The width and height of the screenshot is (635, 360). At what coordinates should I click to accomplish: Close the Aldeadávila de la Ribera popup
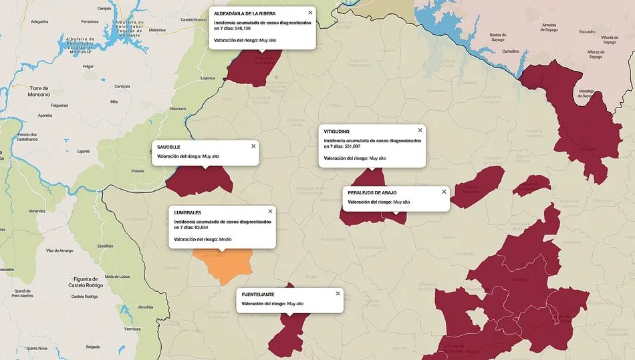tap(310, 13)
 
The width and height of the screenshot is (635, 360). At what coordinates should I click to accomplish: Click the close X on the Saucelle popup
tap(253, 146)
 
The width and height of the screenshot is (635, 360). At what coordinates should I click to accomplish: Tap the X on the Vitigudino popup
tap(420, 130)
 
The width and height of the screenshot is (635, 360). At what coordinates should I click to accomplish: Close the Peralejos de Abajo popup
tap(444, 192)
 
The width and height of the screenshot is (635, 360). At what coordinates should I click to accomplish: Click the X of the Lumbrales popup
tap(270, 211)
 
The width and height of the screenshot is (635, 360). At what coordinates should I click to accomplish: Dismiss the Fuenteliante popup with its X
tap(338, 293)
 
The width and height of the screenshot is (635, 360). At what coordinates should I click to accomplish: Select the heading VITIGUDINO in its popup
tap(338, 132)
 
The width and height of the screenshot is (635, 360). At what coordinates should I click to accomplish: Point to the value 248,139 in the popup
tap(243, 29)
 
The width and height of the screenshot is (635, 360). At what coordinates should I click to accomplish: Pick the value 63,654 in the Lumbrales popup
tap(202, 227)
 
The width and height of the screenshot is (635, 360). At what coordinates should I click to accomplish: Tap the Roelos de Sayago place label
tap(497, 37)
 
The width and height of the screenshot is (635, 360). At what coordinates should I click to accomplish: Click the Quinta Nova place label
tap(37, 348)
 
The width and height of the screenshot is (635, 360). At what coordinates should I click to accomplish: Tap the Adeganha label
tap(39, 21)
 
